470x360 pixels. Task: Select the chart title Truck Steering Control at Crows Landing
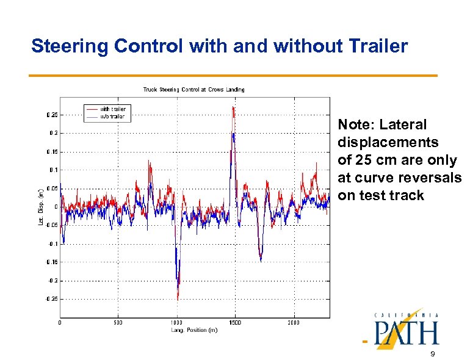click(193, 90)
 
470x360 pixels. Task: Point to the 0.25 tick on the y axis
click(52, 114)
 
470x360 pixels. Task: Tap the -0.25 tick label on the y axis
click(52, 299)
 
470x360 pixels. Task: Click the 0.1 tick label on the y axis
click(54, 170)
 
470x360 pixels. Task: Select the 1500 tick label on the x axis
click(235, 323)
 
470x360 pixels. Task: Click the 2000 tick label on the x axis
click(294, 323)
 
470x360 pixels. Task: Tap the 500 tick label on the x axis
click(118, 323)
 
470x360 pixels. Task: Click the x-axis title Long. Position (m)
click(194, 330)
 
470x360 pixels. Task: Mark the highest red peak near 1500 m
click(233, 107)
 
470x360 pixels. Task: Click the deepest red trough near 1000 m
click(178, 298)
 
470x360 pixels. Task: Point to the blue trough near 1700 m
click(261, 260)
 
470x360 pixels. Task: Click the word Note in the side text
click(355, 125)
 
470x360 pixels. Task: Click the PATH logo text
click(407, 333)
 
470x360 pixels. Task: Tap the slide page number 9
click(432, 355)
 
